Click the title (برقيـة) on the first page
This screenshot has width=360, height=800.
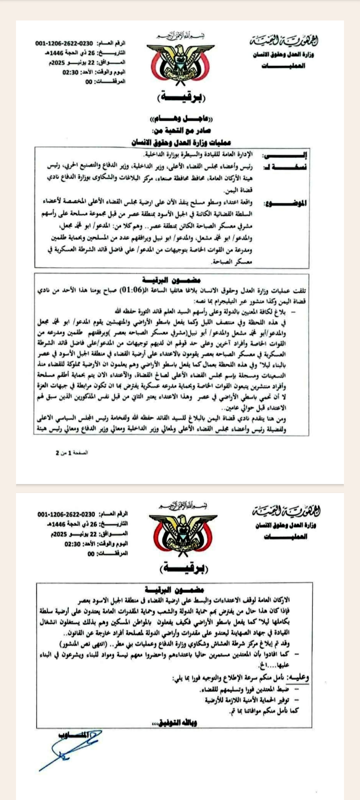[180, 96]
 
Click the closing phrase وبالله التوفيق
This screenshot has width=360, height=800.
[180, 723]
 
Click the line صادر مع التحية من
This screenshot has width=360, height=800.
[180, 132]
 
